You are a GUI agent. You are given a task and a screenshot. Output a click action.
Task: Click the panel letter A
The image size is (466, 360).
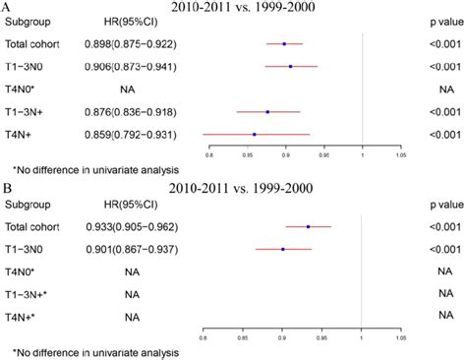point(8,8)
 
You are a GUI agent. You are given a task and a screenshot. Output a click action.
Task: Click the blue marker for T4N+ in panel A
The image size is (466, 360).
point(255,134)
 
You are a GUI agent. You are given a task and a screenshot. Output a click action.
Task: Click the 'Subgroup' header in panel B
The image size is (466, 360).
point(29,205)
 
